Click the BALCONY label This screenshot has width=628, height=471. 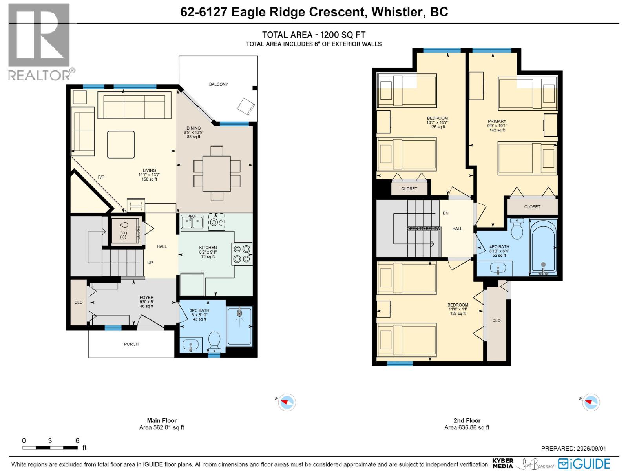tap(218, 84)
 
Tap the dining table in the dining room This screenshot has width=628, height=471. tap(216, 173)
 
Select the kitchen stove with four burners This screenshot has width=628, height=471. tap(242, 254)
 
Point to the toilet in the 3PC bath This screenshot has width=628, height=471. tap(214, 342)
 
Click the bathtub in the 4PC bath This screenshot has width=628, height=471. tap(543, 247)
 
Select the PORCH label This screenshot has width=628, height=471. tap(131, 344)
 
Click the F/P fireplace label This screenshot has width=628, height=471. tap(101, 177)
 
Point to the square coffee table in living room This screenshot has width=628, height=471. tap(121, 144)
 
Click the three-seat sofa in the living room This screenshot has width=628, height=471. tap(135, 105)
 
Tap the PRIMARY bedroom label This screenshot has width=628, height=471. tap(497, 121)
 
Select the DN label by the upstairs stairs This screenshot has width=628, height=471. tap(445, 213)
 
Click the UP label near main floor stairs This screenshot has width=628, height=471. tap(150, 263)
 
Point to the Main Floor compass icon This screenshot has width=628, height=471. tap(287, 402)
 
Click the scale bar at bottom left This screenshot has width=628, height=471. tap(50, 447)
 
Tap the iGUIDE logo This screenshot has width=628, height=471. tap(584, 464)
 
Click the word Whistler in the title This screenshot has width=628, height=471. tap(396, 12)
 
